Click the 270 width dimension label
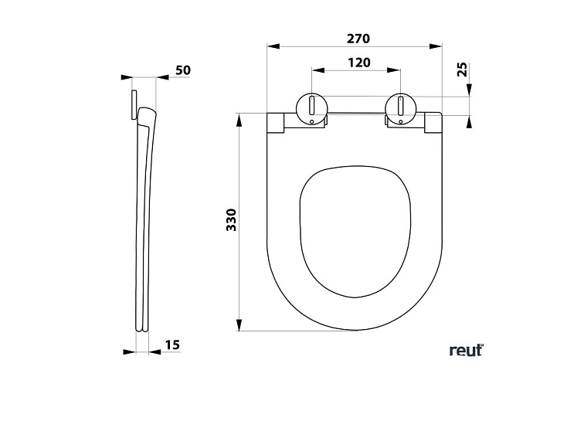pyautogui.click(x=358, y=38)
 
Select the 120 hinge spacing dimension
pyautogui.click(x=358, y=63)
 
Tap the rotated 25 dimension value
pyautogui.click(x=461, y=70)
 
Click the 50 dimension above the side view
pyautogui.click(x=182, y=70)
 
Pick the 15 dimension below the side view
pyautogui.click(x=172, y=345)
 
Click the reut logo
pyautogui.click(x=466, y=350)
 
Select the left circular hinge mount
pyautogui.click(x=312, y=107)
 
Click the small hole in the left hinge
pyautogui.click(x=312, y=121)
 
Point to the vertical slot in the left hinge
pyautogui.click(x=312, y=104)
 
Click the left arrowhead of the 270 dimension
pyautogui.click(x=271, y=46)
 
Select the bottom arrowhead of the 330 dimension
pyautogui.click(x=239, y=325)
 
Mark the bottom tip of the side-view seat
pyautogui.click(x=142, y=330)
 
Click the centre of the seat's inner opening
pyautogui.click(x=355, y=230)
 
